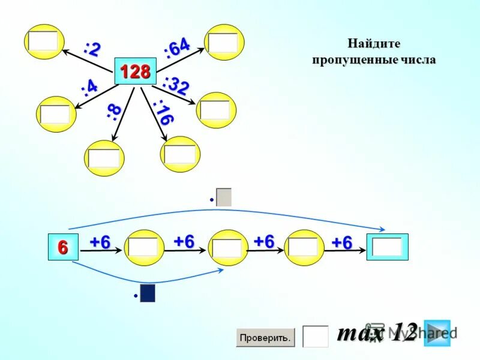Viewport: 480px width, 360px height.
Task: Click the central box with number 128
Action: tap(135, 71)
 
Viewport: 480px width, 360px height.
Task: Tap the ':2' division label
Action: tap(92, 49)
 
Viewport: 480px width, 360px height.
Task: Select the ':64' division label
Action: tap(177, 47)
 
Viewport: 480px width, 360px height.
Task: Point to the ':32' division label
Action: tap(176, 85)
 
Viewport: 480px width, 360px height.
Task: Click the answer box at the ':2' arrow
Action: tap(44, 41)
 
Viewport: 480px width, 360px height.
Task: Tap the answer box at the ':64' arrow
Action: tap(224, 43)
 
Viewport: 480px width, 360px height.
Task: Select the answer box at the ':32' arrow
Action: tap(215, 110)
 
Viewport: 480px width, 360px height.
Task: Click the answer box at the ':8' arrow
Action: tap(104, 158)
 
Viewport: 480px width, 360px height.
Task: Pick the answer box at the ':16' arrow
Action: tap(180, 154)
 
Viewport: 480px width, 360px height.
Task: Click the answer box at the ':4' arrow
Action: tap(55, 114)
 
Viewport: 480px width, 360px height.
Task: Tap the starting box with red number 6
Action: tap(64, 247)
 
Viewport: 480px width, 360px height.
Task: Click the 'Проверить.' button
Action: tap(265, 338)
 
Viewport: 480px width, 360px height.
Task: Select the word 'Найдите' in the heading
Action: tap(373, 44)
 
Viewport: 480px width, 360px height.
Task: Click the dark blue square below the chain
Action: tap(148, 293)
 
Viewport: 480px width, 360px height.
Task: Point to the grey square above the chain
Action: tap(224, 197)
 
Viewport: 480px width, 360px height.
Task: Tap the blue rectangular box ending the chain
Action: tap(387, 247)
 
